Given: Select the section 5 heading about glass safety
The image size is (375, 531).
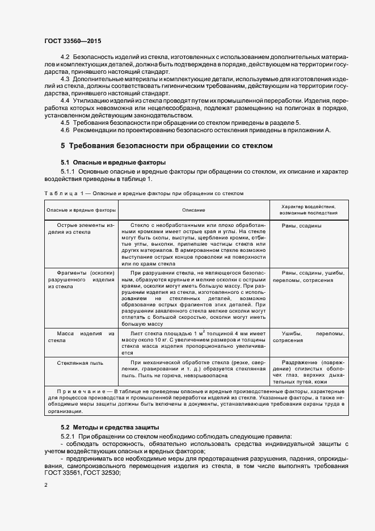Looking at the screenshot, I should coord(167,146).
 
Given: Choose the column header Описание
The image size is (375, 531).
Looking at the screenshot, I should coord(193,210).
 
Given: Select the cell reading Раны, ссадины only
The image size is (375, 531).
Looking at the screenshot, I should coord(302,225).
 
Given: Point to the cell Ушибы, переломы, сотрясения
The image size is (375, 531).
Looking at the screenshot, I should coord(313,337).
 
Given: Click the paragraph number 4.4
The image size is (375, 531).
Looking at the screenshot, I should coord(65,100).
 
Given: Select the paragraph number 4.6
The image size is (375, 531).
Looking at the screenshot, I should coord(65,130).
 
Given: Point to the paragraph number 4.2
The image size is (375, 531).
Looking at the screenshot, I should coord(65,58).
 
